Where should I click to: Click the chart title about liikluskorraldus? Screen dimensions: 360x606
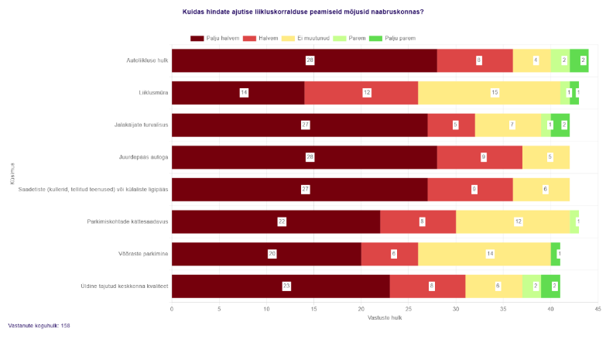coord(308,12)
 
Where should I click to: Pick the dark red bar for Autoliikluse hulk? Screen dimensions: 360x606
coord(304,60)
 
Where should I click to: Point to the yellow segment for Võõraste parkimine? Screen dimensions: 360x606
coord(484,253)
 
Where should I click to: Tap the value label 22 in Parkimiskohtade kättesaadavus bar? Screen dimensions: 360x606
coord(282,221)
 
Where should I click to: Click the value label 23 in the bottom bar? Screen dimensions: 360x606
coord(286,286)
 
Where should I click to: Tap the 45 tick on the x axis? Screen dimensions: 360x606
coord(598,309)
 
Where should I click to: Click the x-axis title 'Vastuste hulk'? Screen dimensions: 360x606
coord(385,318)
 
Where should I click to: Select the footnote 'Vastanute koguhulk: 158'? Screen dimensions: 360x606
coord(39,325)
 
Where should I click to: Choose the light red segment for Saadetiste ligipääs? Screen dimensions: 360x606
coord(474,189)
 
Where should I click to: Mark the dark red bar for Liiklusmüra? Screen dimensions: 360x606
coord(238,93)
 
